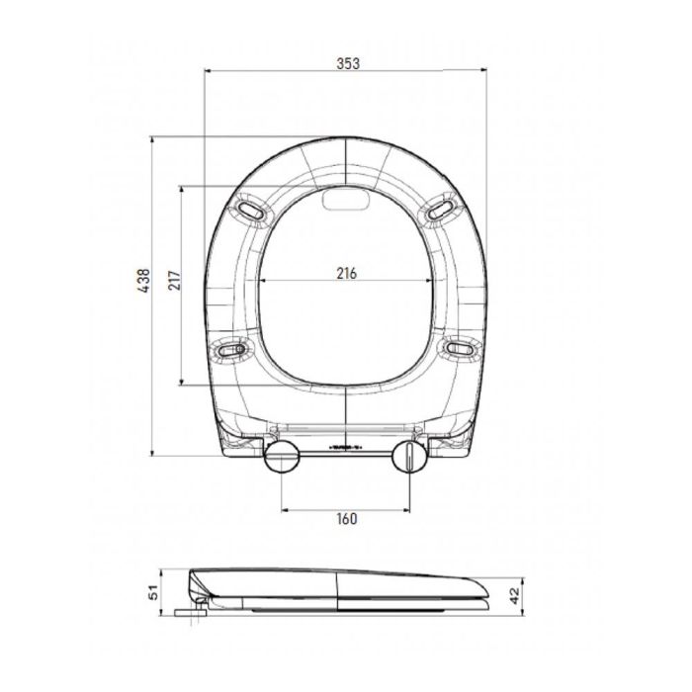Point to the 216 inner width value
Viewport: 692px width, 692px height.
(x=345, y=272)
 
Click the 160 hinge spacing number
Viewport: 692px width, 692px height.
(x=345, y=518)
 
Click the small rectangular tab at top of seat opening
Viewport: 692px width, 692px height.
(x=345, y=201)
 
